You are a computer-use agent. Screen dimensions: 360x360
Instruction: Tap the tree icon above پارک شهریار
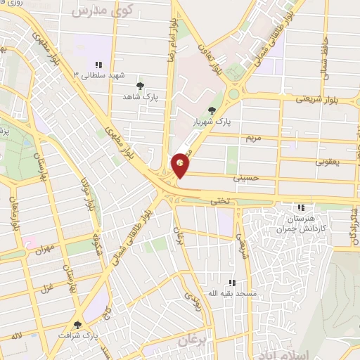pos(212,110)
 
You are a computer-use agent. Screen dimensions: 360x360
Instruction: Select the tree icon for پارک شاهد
pos(141,85)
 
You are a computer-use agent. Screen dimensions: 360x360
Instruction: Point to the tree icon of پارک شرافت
pos(77,324)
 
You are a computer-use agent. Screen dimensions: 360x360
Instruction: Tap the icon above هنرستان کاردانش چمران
pos(301,208)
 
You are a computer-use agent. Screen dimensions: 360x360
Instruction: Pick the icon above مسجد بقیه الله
pos(232,283)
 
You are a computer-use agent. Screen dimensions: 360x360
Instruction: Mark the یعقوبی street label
pos(328,162)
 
